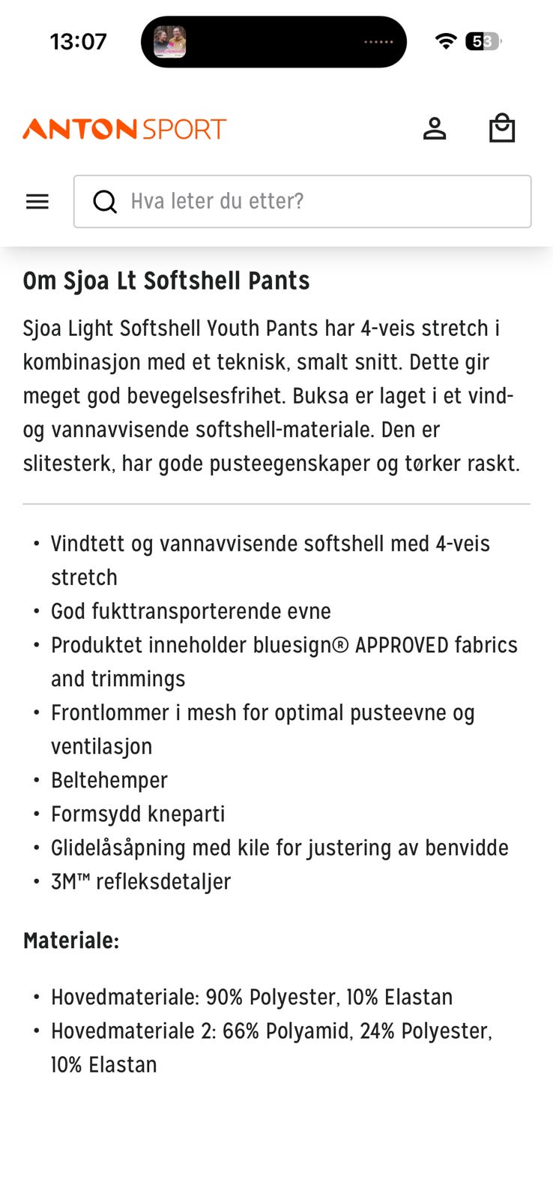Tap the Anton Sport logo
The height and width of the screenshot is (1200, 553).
(x=124, y=129)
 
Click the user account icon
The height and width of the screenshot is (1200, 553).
(x=435, y=129)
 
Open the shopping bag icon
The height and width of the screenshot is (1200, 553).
(x=501, y=128)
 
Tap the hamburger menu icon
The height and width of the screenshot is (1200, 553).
(x=37, y=202)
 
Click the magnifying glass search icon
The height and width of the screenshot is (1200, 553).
(x=105, y=202)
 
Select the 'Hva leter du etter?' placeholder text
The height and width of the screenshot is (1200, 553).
(x=217, y=201)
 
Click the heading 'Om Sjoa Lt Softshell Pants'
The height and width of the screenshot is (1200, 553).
(x=166, y=280)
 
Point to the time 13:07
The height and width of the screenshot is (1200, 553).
(x=79, y=41)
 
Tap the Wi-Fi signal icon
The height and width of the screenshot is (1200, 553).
(x=446, y=41)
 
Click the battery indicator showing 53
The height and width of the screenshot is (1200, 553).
(x=483, y=41)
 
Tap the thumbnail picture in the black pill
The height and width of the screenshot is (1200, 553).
(x=170, y=42)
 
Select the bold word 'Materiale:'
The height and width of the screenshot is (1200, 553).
(x=71, y=940)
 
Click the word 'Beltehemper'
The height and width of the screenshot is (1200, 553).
(x=109, y=780)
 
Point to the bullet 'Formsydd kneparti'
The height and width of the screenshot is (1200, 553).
(x=138, y=814)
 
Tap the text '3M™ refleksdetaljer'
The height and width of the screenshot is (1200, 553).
(x=141, y=881)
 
